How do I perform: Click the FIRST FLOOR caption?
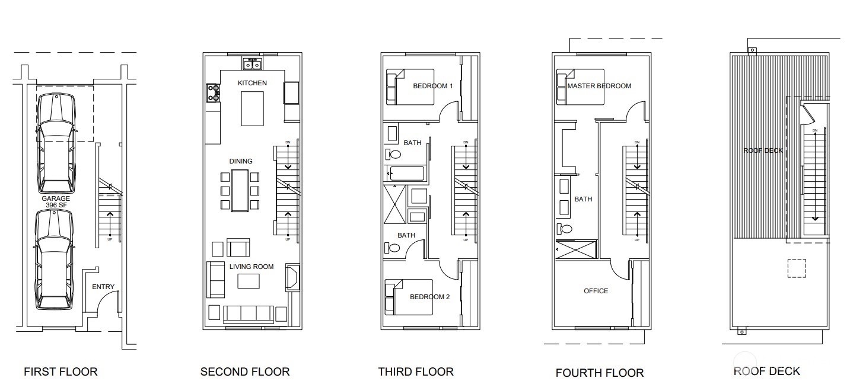click(61, 372)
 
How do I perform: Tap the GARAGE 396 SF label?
click(56, 202)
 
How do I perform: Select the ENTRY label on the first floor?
click(103, 287)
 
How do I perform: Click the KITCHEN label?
click(252, 83)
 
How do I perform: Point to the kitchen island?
click(252, 108)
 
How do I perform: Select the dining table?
click(240, 190)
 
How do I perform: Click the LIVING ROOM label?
click(252, 267)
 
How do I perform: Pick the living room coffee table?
click(249, 281)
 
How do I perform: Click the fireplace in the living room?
click(292, 277)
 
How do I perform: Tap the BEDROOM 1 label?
click(432, 86)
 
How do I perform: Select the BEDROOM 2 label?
click(429, 297)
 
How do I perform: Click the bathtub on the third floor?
click(406, 174)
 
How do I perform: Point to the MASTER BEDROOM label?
click(599, 86)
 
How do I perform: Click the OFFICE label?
click(596, 291)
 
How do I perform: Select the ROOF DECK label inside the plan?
click(763, 150)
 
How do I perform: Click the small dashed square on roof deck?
click(797, 269)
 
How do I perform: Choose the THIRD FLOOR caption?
click(416, 372)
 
